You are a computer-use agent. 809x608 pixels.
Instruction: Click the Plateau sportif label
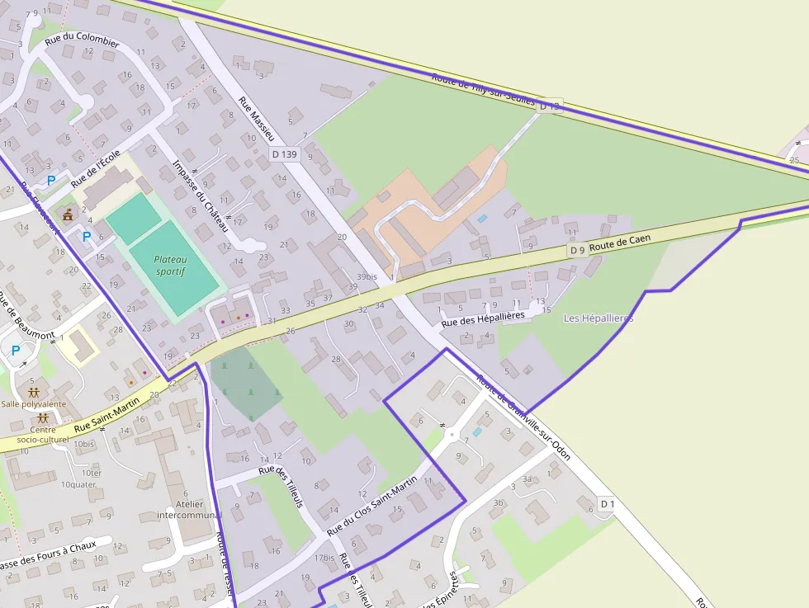point(171,265)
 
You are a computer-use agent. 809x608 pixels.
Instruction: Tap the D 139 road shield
point(284,154)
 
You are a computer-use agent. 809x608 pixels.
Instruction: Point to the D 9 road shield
point(577,250)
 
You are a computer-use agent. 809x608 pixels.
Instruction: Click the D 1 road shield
point(608,503)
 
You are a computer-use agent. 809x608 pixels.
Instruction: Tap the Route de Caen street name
point(620,242)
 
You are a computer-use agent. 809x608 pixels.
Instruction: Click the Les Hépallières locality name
point(598,318)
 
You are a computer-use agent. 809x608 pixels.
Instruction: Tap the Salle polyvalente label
point(33,403)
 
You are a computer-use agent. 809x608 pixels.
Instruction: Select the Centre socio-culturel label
point(43,435)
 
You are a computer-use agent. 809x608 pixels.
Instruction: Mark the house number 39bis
point(367,276)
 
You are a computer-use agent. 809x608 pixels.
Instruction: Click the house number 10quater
point(78,484)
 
